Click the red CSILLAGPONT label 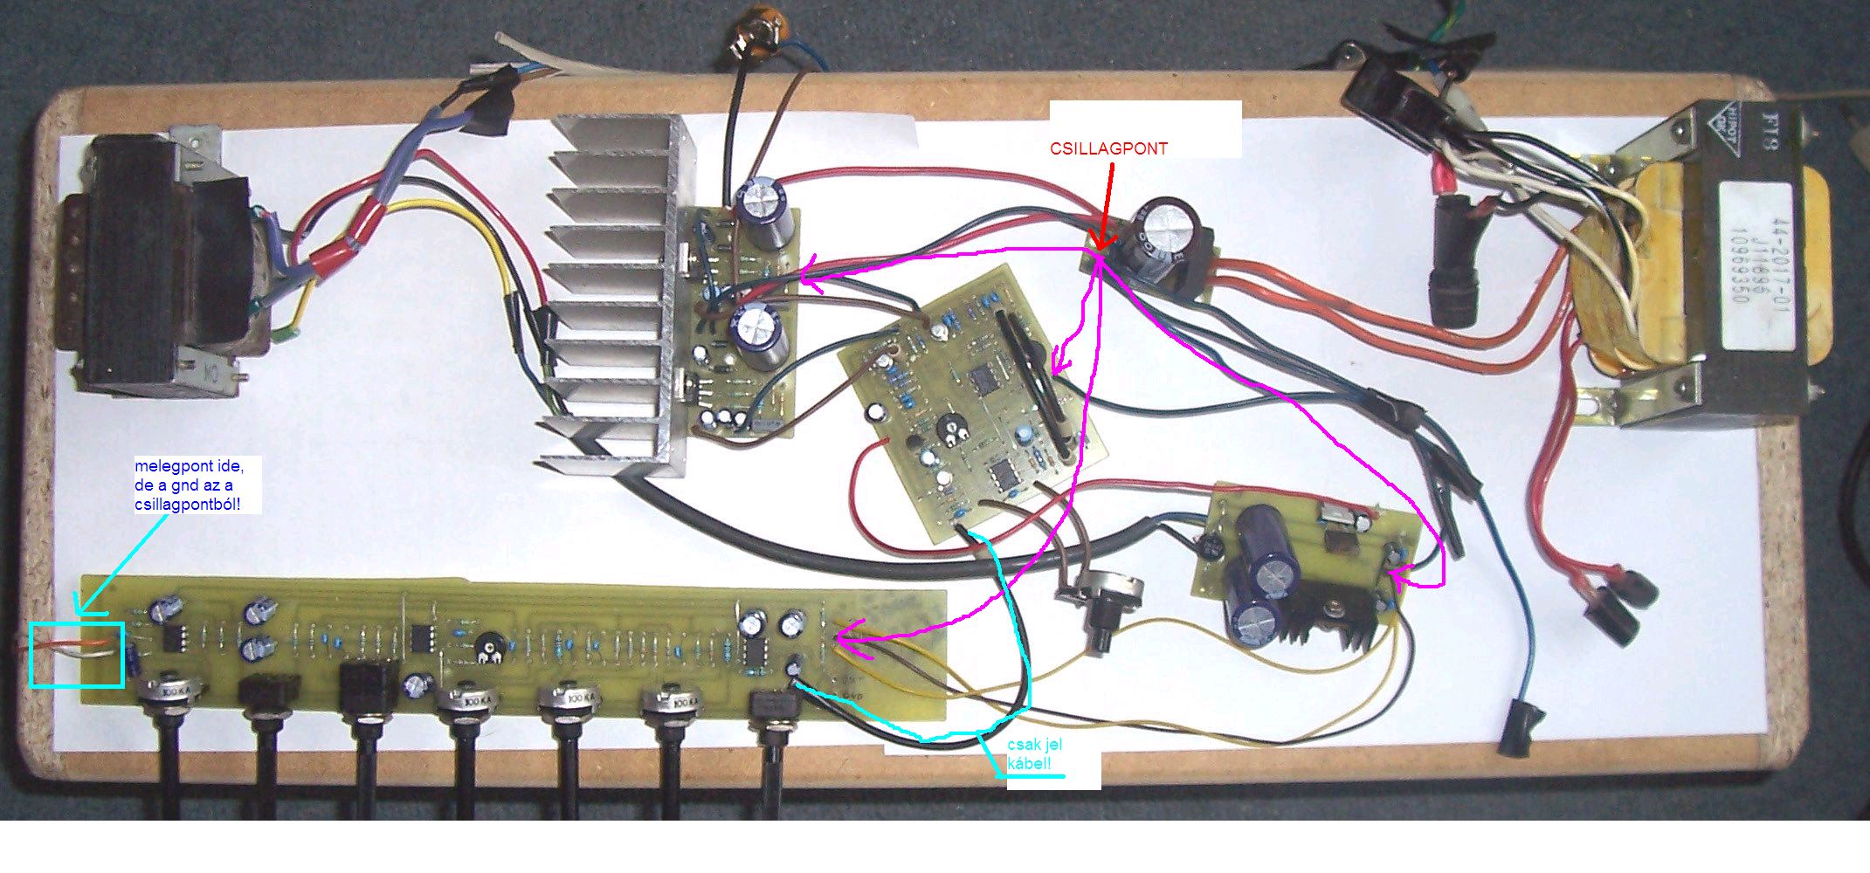(1108, 148)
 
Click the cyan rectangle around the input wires (77, 654)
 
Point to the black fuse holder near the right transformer (1454, 262)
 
